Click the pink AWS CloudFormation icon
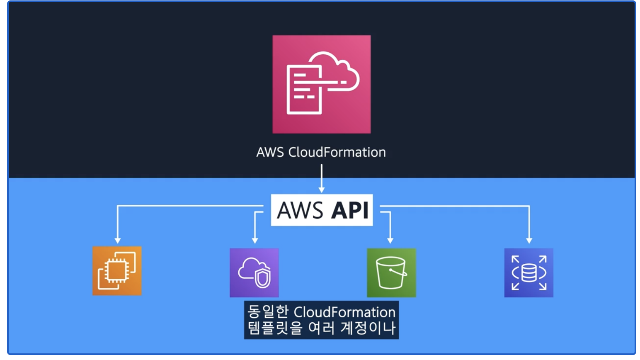321,84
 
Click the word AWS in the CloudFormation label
270,152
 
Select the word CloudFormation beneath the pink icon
337,152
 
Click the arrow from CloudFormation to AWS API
321,178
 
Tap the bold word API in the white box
350,210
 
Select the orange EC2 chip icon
117,271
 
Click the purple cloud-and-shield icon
254,272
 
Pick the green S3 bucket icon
391,272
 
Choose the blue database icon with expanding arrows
528,272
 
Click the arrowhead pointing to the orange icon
118,240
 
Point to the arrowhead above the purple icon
255,240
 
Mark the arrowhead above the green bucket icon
390,240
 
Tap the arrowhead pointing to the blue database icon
529,240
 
